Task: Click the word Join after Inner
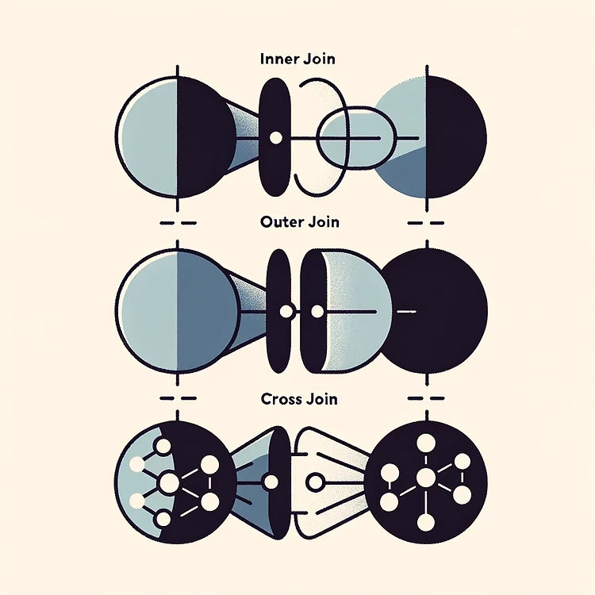(x=317, y=59)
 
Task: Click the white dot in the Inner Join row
(x=275, y=138)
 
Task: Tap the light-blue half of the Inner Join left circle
(x=148, y=137)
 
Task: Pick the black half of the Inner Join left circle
(x=205, y=137)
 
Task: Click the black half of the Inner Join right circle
(x=455, y=137)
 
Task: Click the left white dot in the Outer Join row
(x=288, y=311)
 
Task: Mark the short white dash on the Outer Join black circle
(x=405, y=311)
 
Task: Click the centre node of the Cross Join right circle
(x=426, y=478)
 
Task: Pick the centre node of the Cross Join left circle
(x=168, y=482)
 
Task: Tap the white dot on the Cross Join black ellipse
(x=270, y=482)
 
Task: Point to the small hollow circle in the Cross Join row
(x=315, y=482)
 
